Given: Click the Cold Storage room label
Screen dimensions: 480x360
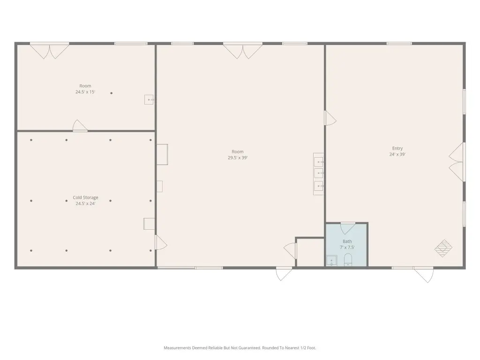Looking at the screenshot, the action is click(x=85, y=197).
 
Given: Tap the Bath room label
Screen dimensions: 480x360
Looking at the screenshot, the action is click(x=347, y=241).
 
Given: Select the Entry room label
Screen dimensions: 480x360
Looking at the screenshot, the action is click(x=397, y=149).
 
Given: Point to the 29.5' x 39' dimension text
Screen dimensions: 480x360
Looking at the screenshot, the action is click(x=238, y=157).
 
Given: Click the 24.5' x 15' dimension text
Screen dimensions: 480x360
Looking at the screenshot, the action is click(x=85, y=92).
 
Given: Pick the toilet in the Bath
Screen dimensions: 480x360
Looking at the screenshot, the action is click(x=348, y=260).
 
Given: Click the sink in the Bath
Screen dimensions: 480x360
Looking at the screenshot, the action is click(x=331, y=261).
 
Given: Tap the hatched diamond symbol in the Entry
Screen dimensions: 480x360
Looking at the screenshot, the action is click(x=443, y=248).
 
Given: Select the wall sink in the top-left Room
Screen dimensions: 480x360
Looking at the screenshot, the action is click(x=149, y=99).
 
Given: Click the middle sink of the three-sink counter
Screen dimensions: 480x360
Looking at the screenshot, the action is click(x=319, y=173).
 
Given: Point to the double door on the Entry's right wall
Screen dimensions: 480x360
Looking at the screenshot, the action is click(x=457, y=162).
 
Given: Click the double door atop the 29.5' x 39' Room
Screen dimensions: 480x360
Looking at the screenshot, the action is click(x=243, y=51).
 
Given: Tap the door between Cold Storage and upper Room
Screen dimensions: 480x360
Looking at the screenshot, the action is click(x=80, y=126).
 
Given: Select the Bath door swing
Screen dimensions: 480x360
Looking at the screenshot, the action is click(x=348, y=228).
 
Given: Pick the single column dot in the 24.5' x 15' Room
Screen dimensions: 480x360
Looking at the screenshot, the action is click(x=112, y=93).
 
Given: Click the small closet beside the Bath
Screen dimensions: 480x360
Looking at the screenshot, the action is click(x=310, y=252).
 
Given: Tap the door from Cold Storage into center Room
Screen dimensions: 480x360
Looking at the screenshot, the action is click(x=161, y=242).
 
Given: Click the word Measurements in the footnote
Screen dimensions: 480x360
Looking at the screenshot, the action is click(x=178, y=348).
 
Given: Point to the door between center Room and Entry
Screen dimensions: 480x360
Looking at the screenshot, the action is click(x=330, y=118).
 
